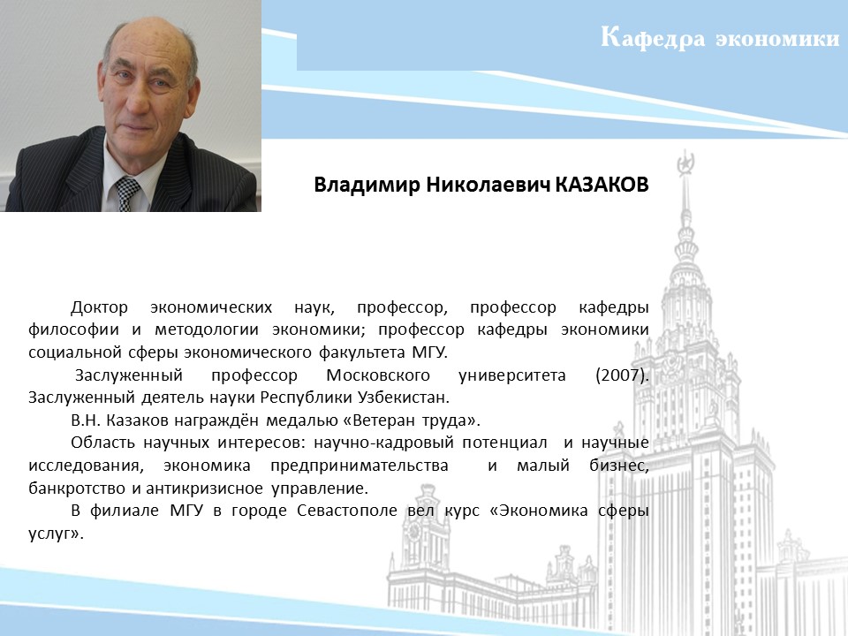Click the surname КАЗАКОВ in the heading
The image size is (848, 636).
[x=602, y=185]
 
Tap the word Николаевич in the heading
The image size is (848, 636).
[x=488, y=185]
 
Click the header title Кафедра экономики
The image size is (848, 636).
[x=720, y=38]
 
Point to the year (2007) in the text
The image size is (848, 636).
[x=622, y=375]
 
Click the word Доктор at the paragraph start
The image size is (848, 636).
[x=100, y=307]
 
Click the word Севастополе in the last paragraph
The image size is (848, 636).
[x=346, y=511]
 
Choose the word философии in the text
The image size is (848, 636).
[x=73, y=329]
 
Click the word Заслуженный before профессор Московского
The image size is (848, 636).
[x=129, y=375]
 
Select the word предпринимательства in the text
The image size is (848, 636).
[x=360, y=466]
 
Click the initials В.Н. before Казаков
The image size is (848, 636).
[x=86, y=420]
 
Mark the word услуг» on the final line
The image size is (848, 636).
[x=57, y=534]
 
